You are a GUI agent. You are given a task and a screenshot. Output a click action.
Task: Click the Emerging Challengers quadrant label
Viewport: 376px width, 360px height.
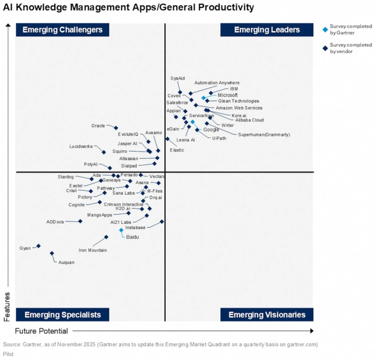pos(63,30)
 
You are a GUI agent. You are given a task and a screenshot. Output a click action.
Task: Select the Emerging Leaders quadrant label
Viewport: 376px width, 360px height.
pos(267,30)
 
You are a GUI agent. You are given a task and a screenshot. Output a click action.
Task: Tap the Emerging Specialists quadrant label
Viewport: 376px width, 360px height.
pos(63,315)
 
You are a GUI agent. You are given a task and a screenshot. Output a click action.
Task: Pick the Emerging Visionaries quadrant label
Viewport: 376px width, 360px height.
pos(267,315)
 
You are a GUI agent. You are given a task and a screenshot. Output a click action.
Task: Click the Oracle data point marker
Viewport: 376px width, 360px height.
pos(116,128)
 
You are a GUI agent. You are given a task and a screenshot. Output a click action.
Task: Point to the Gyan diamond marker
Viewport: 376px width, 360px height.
pos(38,246)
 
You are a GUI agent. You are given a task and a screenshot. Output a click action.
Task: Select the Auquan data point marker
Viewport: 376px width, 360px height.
pos(52,253)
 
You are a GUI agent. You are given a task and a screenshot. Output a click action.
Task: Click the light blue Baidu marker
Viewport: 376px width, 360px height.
pos(121,230)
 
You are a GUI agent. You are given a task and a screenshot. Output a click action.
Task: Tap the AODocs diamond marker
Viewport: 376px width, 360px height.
pos(80,221)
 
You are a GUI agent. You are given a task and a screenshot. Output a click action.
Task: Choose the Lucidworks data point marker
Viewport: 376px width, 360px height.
pos(104,152)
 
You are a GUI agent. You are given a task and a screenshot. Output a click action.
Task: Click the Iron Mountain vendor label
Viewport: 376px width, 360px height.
pos(93,250)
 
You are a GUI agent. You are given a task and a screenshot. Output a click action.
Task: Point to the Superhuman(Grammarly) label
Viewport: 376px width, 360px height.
pos(264,135)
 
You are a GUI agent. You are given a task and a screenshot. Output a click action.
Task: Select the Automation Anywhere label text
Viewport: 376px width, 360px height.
pos(217,83)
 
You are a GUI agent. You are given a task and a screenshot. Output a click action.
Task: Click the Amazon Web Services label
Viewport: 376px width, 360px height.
pos(239,108)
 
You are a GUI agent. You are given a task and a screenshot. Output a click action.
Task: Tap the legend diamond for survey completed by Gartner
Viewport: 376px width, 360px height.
pos(325,29)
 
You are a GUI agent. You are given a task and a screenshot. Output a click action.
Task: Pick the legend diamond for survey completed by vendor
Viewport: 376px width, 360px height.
pos(325,48)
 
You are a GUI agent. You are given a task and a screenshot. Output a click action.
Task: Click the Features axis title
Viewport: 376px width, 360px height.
pos(7,306)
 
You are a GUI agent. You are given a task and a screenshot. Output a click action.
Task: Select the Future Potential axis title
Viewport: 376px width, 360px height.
pos(41,331)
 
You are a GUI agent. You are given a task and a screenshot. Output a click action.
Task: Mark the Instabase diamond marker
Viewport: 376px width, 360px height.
pos(162,221)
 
